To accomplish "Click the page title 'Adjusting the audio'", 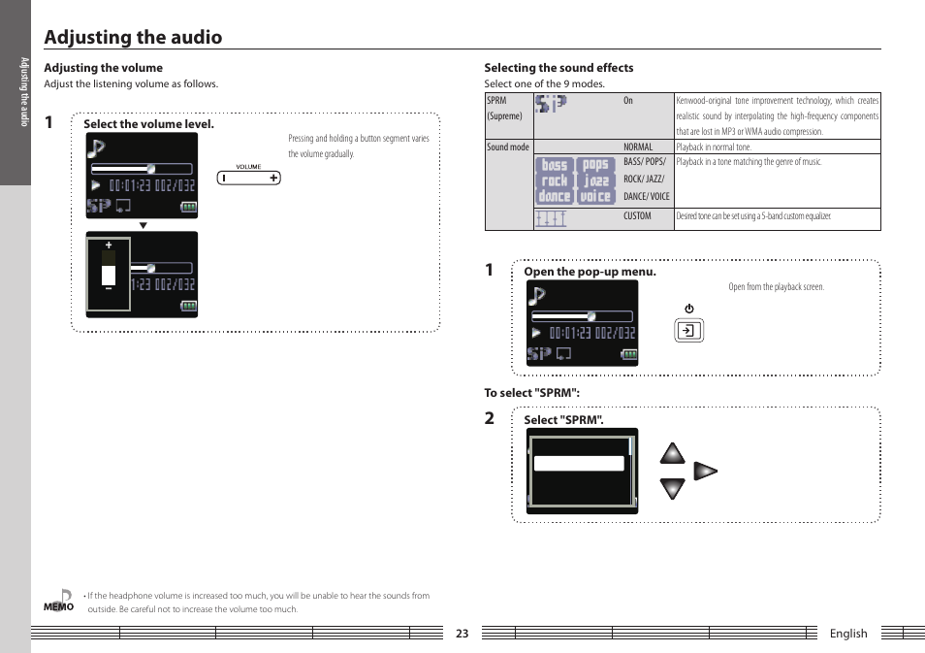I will (133, 37).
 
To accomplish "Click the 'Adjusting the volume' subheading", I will (103, 68).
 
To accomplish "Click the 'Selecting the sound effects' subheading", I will (558, 68).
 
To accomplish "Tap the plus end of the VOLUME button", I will (273, 178).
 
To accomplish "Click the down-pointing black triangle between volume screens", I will (143, 225).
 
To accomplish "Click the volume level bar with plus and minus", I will (109, 275).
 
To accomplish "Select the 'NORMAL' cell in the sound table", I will (638, 147).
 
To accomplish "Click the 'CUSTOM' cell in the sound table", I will (637, 216).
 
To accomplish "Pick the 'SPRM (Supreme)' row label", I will (504, 108).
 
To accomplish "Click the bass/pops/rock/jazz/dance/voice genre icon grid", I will (575, 180).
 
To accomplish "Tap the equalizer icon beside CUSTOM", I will (551, 219).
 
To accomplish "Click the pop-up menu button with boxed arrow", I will (688, 331).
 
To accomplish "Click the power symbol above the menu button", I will (688, 309).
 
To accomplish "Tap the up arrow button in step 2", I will (672, 454).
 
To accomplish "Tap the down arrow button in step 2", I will (672, 488).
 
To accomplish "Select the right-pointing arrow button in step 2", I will (706, 472).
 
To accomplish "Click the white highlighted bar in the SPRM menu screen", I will (579, 464).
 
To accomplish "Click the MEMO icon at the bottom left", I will (59, 601).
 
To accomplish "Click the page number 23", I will (462, 634).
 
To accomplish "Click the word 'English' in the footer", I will (847, 634).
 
